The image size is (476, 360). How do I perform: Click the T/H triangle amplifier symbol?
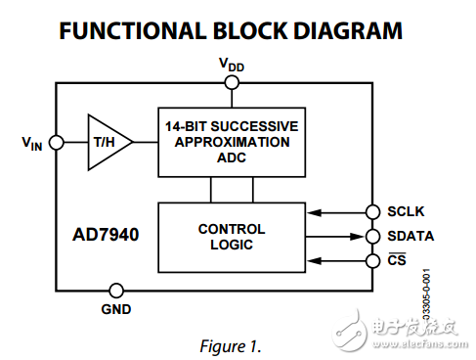pos(106,142)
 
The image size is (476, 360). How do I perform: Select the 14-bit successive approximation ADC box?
pos(232,142)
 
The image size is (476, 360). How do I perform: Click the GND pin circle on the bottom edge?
pos(116,290)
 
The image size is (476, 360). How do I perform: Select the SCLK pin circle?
pos(372,211)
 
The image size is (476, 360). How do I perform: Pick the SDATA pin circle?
pos(372,236)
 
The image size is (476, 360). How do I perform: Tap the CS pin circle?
pos(372,260)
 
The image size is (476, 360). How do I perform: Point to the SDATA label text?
pos(411,236)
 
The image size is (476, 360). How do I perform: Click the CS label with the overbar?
pos(397,260)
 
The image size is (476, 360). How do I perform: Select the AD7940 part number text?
pos(105,236)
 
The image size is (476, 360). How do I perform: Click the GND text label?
pos(116,309)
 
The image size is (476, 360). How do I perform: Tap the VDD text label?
pos(232,65)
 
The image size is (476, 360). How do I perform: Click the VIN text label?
pos(32,143)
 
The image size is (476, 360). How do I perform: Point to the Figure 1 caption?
pos(231,345)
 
